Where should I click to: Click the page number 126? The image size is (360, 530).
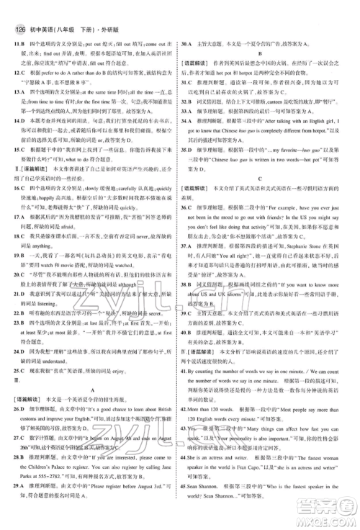pyautogui.click(x=21, y=10)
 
